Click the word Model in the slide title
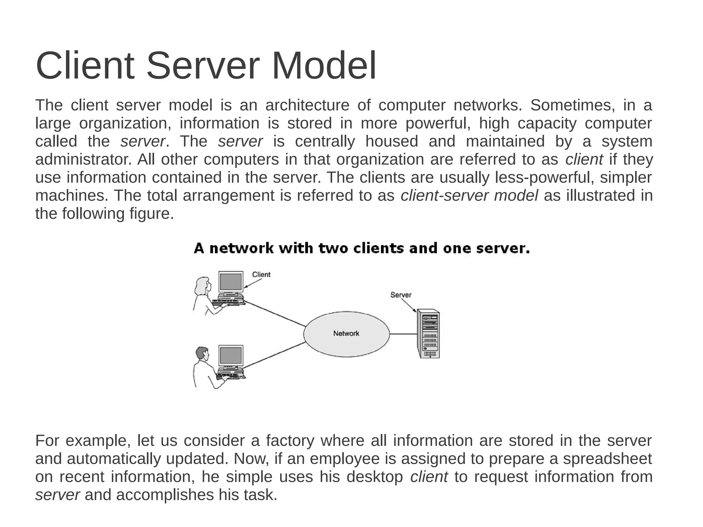324,66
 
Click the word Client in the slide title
85,66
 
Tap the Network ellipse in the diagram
346,334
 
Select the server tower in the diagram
428,333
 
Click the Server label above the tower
401,295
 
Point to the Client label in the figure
261,274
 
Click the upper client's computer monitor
231,282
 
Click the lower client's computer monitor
231,356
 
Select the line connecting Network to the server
403,334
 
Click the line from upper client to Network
275,313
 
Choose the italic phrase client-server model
469,196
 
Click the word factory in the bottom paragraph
290,440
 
